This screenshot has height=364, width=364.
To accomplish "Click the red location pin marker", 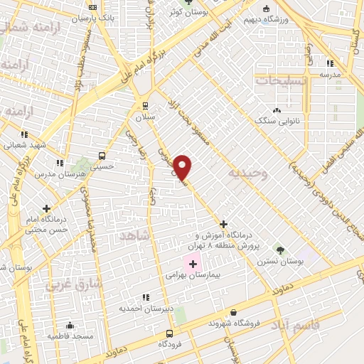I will tap(183, 168).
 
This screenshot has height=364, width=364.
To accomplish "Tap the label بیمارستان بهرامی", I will tap(194, 273).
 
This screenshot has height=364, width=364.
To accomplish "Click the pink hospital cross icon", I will tap(193, 263).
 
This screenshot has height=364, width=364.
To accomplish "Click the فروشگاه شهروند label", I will tap(234, 323).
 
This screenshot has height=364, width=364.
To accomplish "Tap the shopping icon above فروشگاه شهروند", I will tap(234, 312).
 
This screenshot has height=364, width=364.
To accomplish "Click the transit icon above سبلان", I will tap(145, 107).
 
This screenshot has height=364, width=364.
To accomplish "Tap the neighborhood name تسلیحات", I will tap(274, 81).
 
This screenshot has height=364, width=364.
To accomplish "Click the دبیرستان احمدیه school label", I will tap(146, 309).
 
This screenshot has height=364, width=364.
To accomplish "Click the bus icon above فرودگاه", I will tap(169, 333).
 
